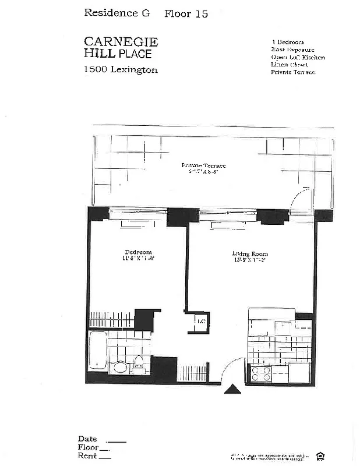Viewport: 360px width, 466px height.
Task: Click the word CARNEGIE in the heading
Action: pos(121,41)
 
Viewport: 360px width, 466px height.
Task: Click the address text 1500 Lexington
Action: pos(121,70)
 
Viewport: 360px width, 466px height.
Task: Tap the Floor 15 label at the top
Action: pos(186,13)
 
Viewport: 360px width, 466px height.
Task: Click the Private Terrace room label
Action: pos(203,166)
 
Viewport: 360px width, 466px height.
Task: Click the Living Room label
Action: pos(250,253)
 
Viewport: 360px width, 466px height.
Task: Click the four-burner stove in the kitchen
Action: pos(260,372)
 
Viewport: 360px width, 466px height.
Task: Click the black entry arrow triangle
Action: pos(232,389)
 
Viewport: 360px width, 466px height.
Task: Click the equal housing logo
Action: pos(320,456)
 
